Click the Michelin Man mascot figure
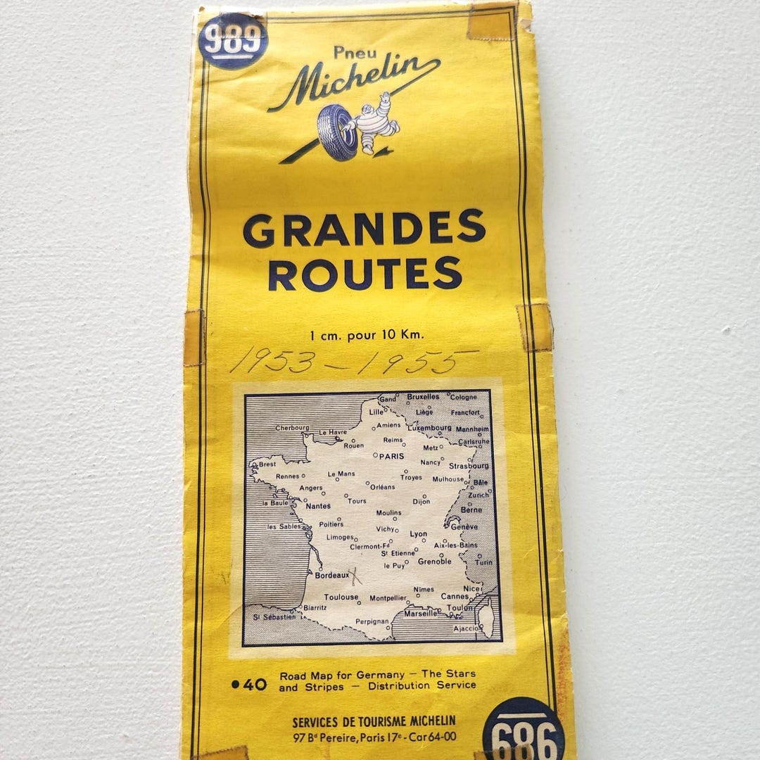[x=372, y=122]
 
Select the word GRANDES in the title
[x=364, y=229]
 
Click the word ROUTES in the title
[x=365, y=273]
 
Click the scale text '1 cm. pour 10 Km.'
[x=367, y=334]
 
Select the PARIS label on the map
[x=391, y=456]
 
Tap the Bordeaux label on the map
[x=331, y=575]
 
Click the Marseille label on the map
[x=421, y=613]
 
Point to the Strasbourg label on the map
[x=469, y=466]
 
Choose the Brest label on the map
[x=267, y=464]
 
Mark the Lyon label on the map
[x=419, y=534]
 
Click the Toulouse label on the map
[x=341, y=597]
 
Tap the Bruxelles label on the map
[x=423, y=397]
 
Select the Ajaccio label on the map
[x=466, y=628]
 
